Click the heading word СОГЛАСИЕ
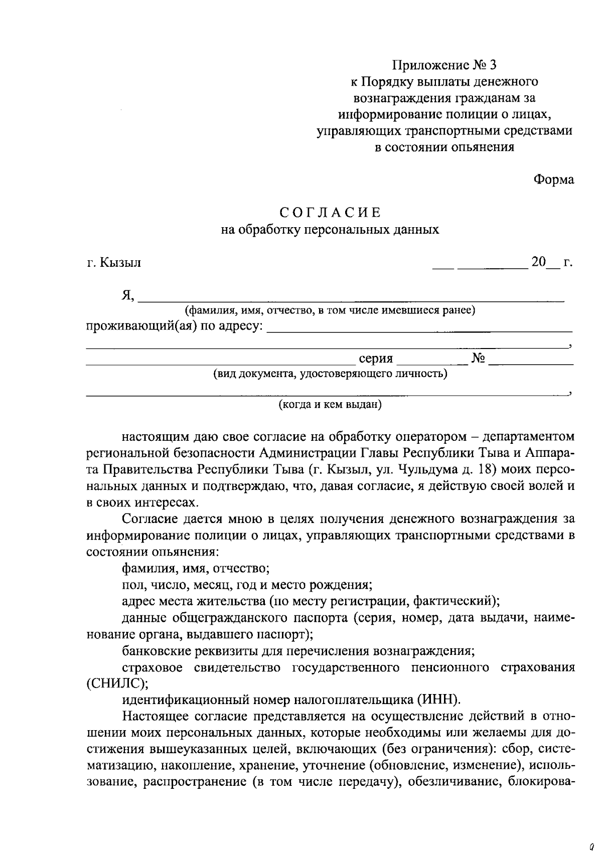330,213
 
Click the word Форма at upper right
553,180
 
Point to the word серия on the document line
376,359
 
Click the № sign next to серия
478,358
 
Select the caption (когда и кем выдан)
330,404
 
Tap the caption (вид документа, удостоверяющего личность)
330,374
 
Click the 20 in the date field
538,262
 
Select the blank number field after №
531,359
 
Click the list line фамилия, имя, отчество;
196,569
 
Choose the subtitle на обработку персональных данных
330,230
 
